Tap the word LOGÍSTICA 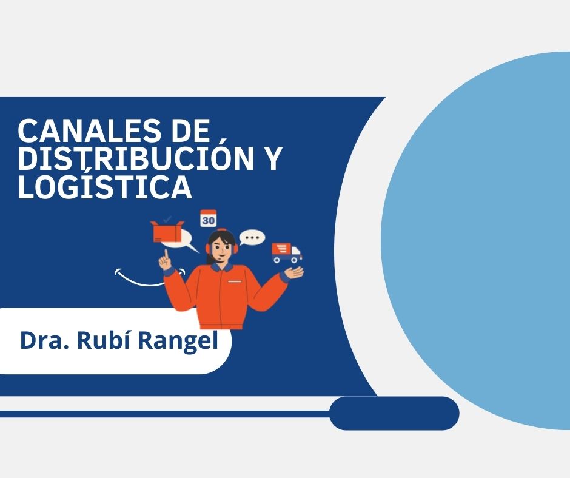(105, 187)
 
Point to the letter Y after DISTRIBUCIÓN (273, 159)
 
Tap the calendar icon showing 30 (209, 219)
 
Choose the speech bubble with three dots (252, 237)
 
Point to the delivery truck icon (286, 252)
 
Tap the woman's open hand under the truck (295, 272)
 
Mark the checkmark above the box (167, 218)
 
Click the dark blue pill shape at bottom (394, 413)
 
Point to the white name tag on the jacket (232, 283)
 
